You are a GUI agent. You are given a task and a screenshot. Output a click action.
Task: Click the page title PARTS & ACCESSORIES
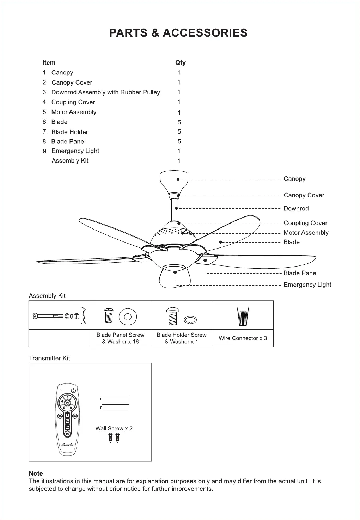tap(178, 33)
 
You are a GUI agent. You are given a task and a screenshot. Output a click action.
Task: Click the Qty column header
tap(180, 62)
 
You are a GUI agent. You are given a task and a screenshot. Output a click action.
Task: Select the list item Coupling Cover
tap(73, 102)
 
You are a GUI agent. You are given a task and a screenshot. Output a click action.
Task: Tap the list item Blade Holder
tap(69, 132)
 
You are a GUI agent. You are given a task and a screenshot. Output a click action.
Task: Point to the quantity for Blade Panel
tap(179, 141)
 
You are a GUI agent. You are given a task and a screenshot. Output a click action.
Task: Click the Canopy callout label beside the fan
tap(294, 179)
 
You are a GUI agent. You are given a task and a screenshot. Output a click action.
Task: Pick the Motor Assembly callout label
tap(306, 233)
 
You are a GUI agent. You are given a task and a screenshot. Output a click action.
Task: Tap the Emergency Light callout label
tap(307, 285)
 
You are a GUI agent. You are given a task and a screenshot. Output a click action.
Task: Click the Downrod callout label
tap(296, 208)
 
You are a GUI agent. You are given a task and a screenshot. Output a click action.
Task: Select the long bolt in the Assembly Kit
tap(49, 316)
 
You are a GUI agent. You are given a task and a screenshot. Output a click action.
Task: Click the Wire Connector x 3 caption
tap(243, 338)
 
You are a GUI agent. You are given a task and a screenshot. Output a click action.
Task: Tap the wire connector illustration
tap(243, 316)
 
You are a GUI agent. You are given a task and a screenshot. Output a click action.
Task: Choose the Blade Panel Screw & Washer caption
tap(120, 338)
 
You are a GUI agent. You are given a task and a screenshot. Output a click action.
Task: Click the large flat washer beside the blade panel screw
tap(128, 316)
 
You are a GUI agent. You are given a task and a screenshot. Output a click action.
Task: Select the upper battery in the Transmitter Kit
tap(115, 399)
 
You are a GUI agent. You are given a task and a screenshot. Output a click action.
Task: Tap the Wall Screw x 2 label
tap(114, 428)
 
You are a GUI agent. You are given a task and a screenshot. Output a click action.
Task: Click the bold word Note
tap(36, 473)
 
